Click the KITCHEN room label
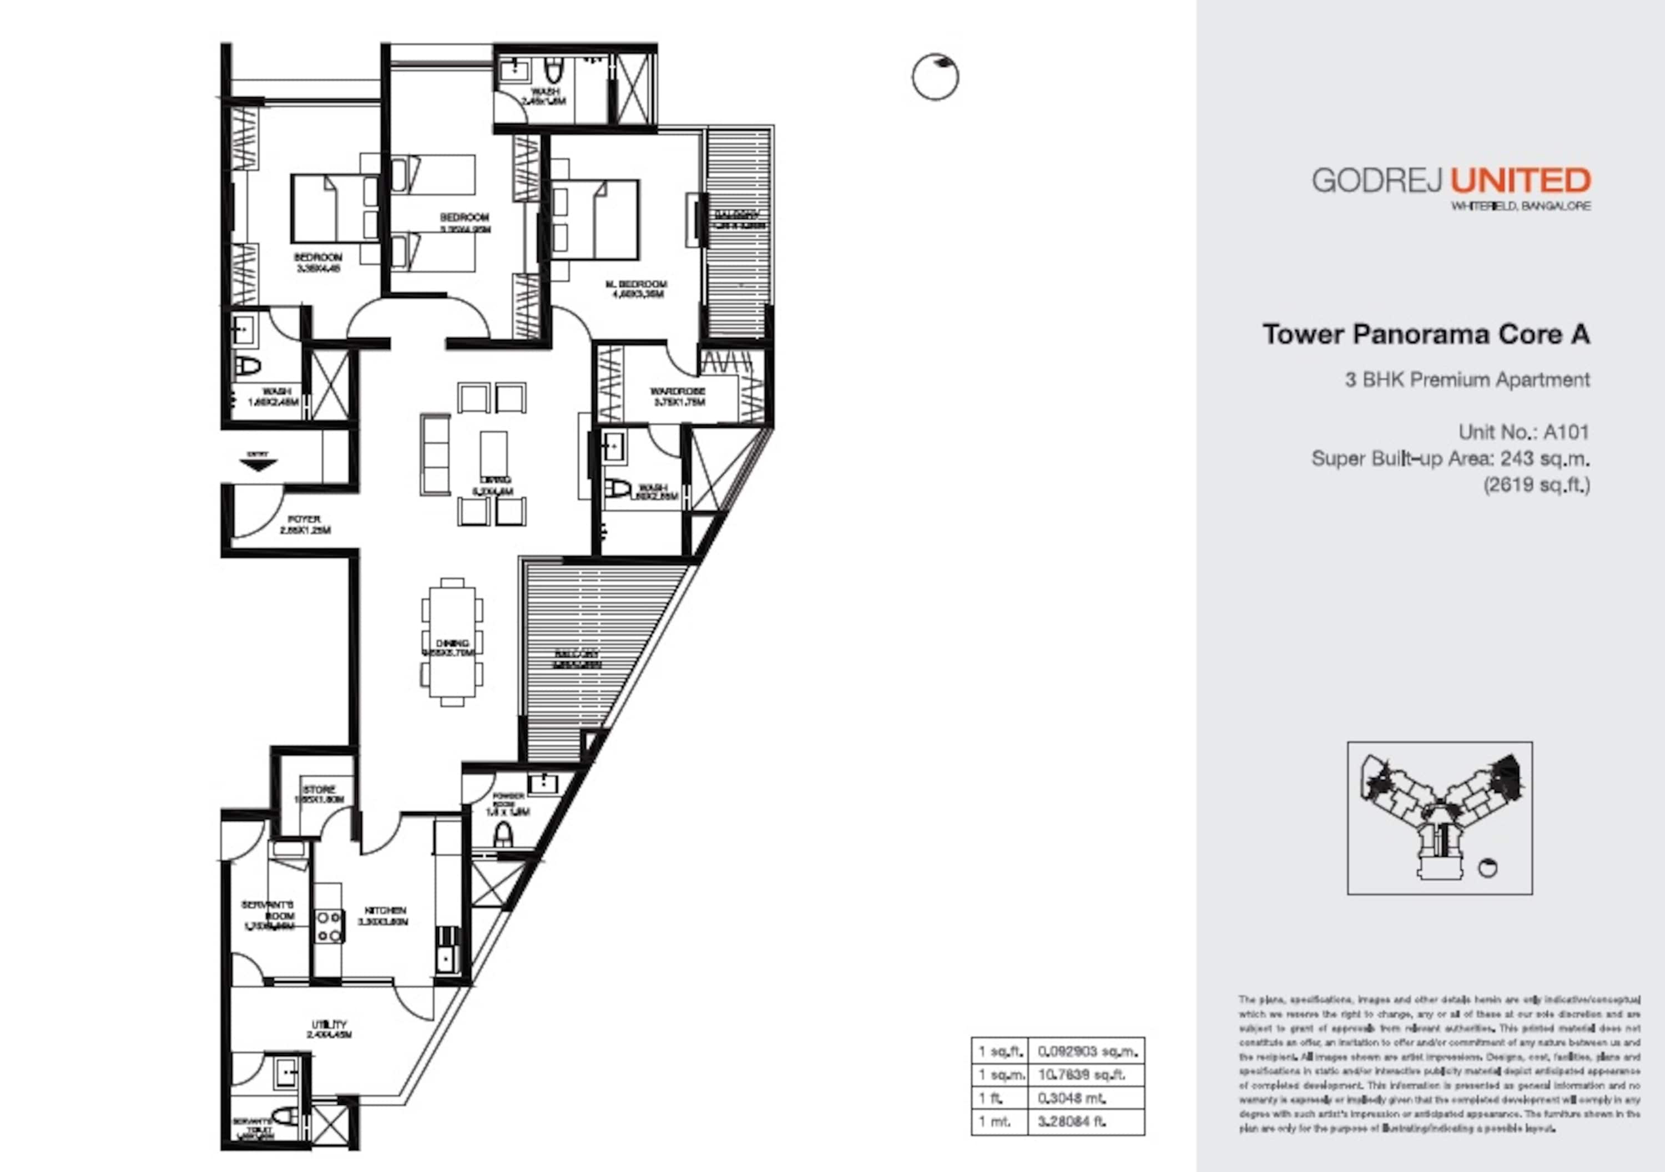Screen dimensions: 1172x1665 [x=385, y=910]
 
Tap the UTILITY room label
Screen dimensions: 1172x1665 [x=329, y=1024]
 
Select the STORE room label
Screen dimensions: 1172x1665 [x=319, y=789]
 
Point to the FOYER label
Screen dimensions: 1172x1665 [x=305, y=519]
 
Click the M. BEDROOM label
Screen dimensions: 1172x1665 [x=636, y=284]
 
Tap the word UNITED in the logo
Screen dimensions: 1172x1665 [x=1520, y=180]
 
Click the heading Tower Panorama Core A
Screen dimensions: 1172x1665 [x=1426, y=334]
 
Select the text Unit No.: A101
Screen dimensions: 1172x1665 [x=1523, y=432]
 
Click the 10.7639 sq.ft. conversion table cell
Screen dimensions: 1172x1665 [x=1086, y=1074]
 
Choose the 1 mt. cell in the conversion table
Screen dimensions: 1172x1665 [x=1000, y=1122]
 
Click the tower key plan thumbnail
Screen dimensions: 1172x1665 [x=1440, y=817]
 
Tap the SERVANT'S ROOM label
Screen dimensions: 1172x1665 [x=268, y=910]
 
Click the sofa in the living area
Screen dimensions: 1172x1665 [x=435, y=454]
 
